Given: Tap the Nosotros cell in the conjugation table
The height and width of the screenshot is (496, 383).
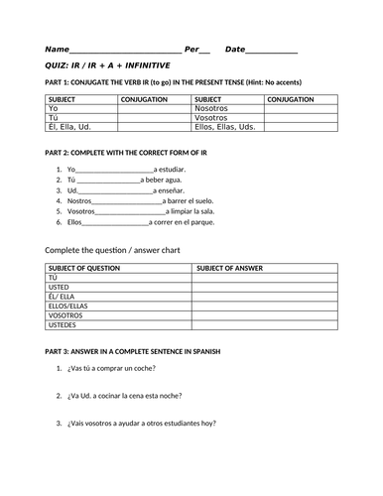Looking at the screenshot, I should point(213,109).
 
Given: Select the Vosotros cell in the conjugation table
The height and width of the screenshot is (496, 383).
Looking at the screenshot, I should point(213,118).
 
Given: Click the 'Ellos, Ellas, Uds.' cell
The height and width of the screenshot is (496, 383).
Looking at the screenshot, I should point(225,127).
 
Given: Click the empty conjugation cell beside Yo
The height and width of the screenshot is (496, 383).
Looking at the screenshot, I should point(154,109).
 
